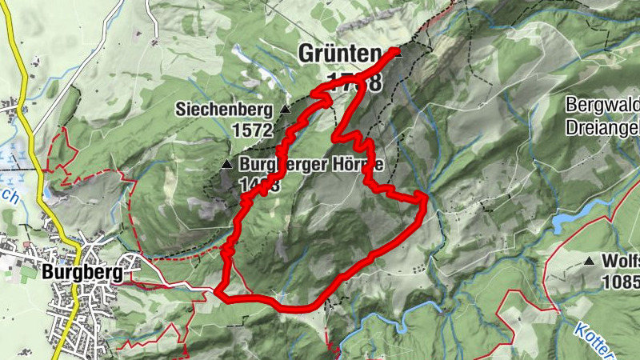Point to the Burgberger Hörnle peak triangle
pyautogui.click(x=226, y=166)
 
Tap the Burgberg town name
pyautogui.click(x=83, y=273)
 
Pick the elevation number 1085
pyautogui.click(x=623, y=282)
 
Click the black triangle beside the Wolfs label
pyautogui.click(x=590, y=261)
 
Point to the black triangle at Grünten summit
pyautogui.click(x=396, y=52)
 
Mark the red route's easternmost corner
pyautogui.click(x=423, y=196)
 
